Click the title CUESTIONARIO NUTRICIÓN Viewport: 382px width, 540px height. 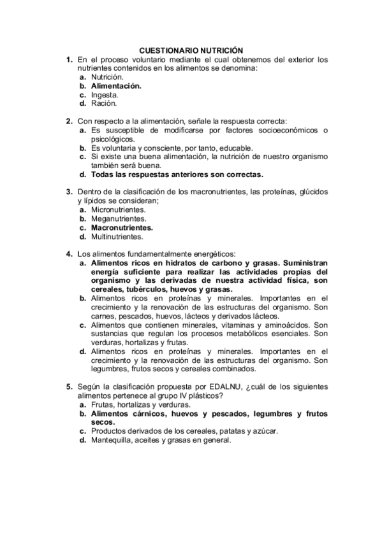pyautogui.click(x=191, y=50)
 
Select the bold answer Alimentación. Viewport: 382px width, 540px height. pyautogui.click(x=116, y=85)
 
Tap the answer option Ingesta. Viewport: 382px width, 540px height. pyautogui.click(x=105, y=94)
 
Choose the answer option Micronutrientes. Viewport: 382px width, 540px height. pyautogui.click(x=119, y=209)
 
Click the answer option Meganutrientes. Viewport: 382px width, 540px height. pyautogui.click(x=119, y=218)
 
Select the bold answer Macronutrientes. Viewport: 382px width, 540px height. pyautogui.click(x=122, y=227)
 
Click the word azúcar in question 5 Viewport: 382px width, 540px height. pyautogui.click(x=265, y=430)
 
